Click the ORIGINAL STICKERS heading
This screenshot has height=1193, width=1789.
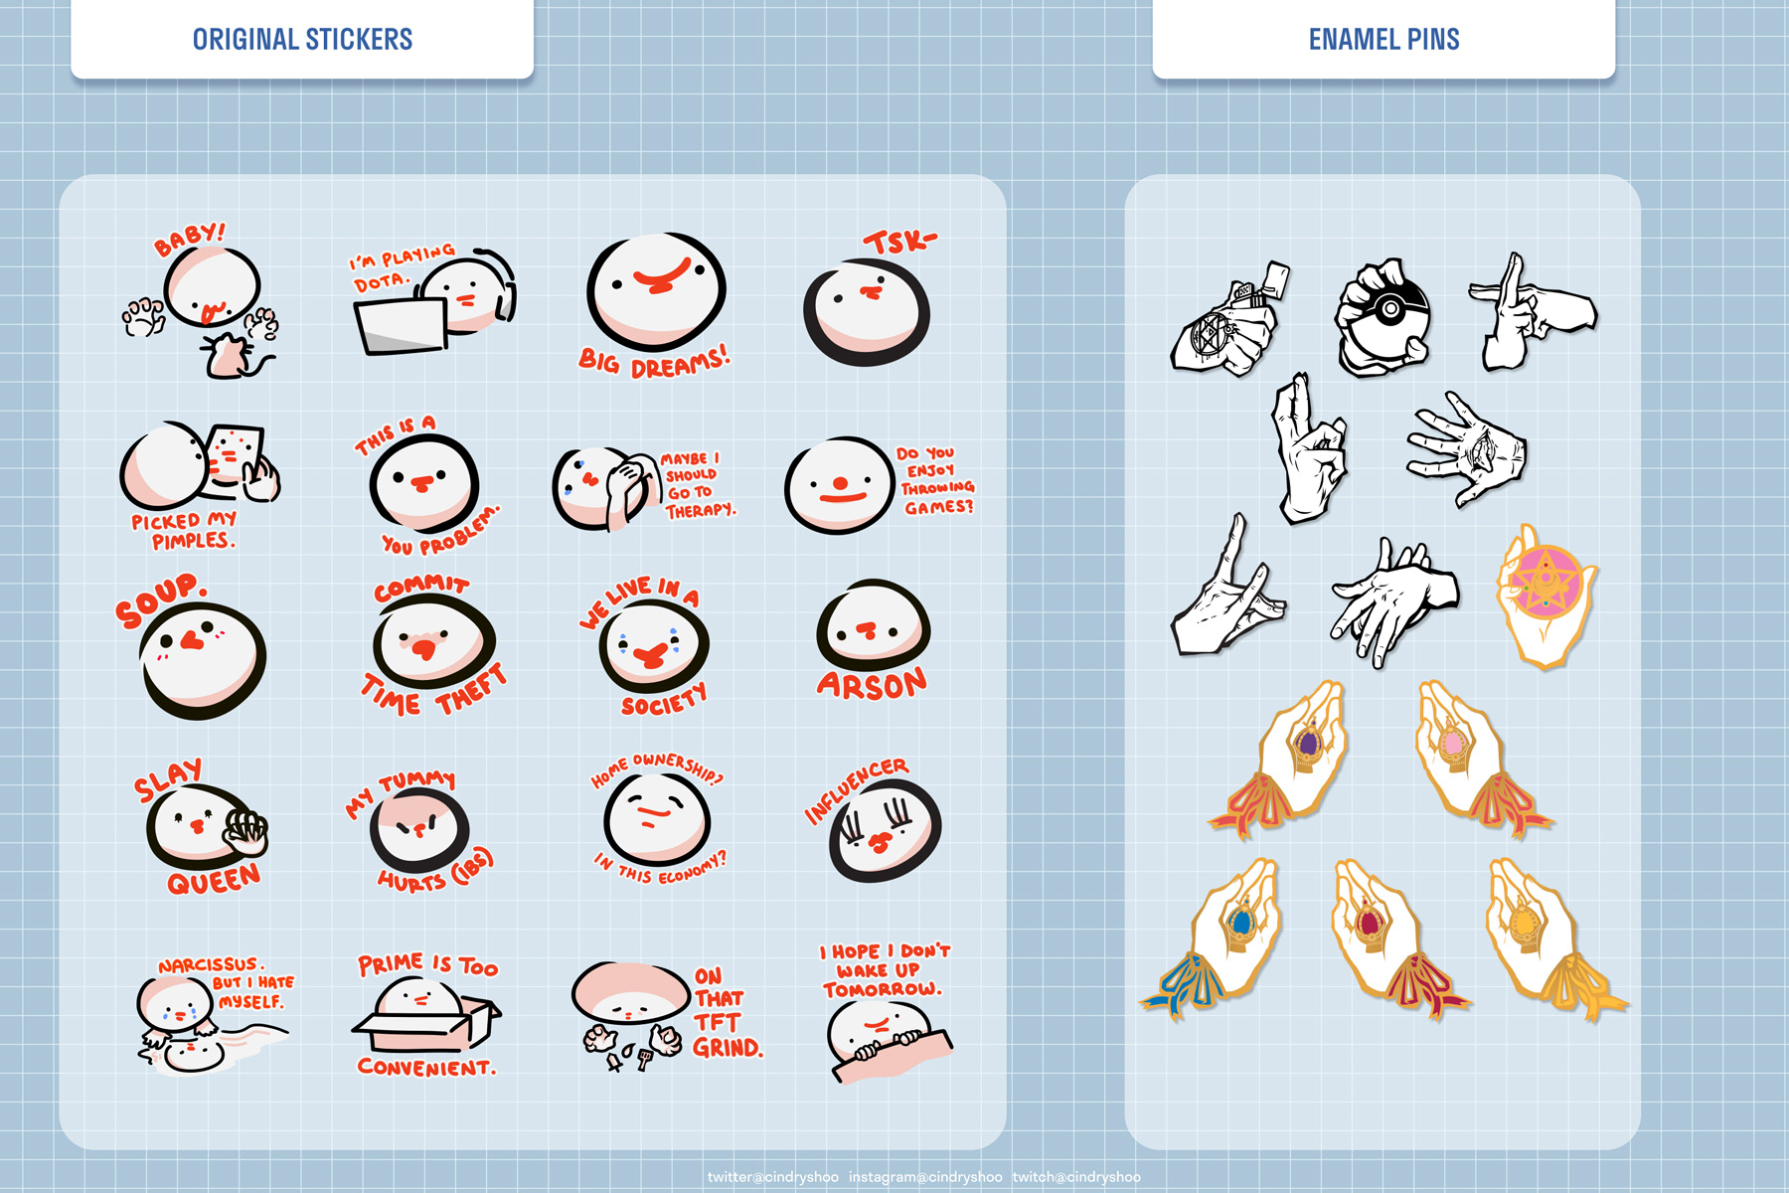tap(302, 40)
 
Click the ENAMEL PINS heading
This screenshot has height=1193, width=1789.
tap(1383, 40)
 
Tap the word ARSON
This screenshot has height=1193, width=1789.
tap(872, 684)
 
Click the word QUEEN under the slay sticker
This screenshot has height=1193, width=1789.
tap(214, 880)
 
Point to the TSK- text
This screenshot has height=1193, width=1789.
tap(899, 242)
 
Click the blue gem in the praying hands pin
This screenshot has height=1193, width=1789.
tap(1239, 921)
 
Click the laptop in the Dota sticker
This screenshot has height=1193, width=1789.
tap(400, 325)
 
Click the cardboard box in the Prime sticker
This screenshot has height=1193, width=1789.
tap(427, 1024)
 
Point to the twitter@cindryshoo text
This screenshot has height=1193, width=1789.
tap(773, 1177)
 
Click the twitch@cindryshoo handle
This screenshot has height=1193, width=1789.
tap(1076, 1177)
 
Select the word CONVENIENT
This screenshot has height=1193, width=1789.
tap(426, 1068)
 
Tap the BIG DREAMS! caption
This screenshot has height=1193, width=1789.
tap(654, 362)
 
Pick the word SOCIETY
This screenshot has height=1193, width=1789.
tap(664, 700)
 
